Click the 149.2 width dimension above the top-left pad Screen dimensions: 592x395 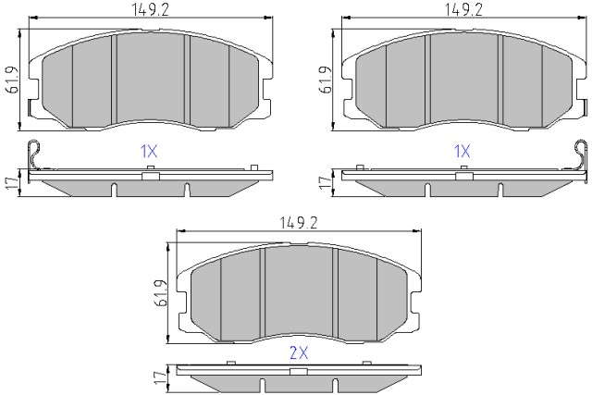[x=150, y=9]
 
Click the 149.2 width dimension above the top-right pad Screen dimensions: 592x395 [x=463, y=9]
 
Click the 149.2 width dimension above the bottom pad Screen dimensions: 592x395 [x=298, y=223]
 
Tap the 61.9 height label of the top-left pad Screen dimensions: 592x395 [x=12, y=80]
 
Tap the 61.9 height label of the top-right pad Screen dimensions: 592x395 [x=325, y=80]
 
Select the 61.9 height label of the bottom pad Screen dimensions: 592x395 [x=160, y=293]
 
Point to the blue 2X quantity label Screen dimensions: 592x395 [x=299, y=352]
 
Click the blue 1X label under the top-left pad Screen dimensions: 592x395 [x=148, y=152]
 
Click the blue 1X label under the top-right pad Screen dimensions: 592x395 [x=462, y=152]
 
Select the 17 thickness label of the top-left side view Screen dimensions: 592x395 [x=12, y=183]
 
